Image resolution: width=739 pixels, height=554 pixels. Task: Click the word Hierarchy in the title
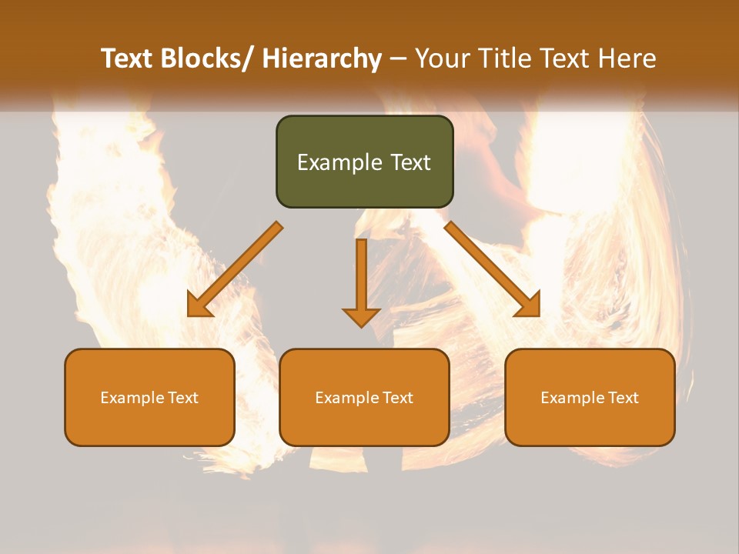322,58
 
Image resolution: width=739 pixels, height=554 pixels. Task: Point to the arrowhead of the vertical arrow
361,316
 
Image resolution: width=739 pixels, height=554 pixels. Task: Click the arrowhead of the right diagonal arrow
530,306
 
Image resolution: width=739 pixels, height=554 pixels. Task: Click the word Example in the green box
339,162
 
